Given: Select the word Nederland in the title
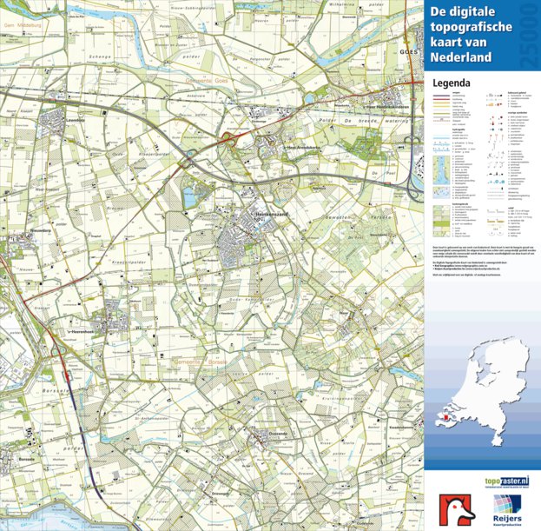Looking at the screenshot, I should (x=460, y=58).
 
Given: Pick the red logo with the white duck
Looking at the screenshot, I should (x=456, y=508).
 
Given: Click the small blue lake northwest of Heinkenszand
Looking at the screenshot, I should (x=191, y=198).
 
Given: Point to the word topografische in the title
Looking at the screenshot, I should (x=467, y=28).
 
